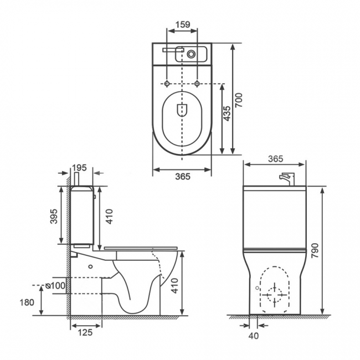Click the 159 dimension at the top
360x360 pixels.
(x=183, y=24)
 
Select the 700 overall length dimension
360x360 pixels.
(x=239, y=100)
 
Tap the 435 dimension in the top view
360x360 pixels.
(x=227, y=113)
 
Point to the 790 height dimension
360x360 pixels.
(x=315, y=251)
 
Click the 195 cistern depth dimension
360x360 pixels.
(x=79, y=168)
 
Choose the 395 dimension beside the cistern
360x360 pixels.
(x=54, y=216)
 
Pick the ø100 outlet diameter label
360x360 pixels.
(x=55, y=286)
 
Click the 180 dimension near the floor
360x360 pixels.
(x=27, y=302)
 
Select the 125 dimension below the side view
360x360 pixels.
(x=85, y=332)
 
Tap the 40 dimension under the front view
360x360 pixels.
(x=254, y=336)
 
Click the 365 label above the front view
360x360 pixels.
(x=275, y=158)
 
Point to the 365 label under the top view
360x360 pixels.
(x=183, y=176)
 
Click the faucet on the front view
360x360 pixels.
(x=287, y=179)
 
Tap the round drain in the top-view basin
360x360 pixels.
(x=191, y=54)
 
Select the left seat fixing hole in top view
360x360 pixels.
(x=167, y=84)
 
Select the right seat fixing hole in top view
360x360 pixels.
(x=197, y=84)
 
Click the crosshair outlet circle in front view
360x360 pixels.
(x=275, y=295)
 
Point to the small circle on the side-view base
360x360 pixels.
(x=90, y=266)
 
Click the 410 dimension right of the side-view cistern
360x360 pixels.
(x=109, y=216)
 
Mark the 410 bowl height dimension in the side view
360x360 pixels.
(x=174, y=285)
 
